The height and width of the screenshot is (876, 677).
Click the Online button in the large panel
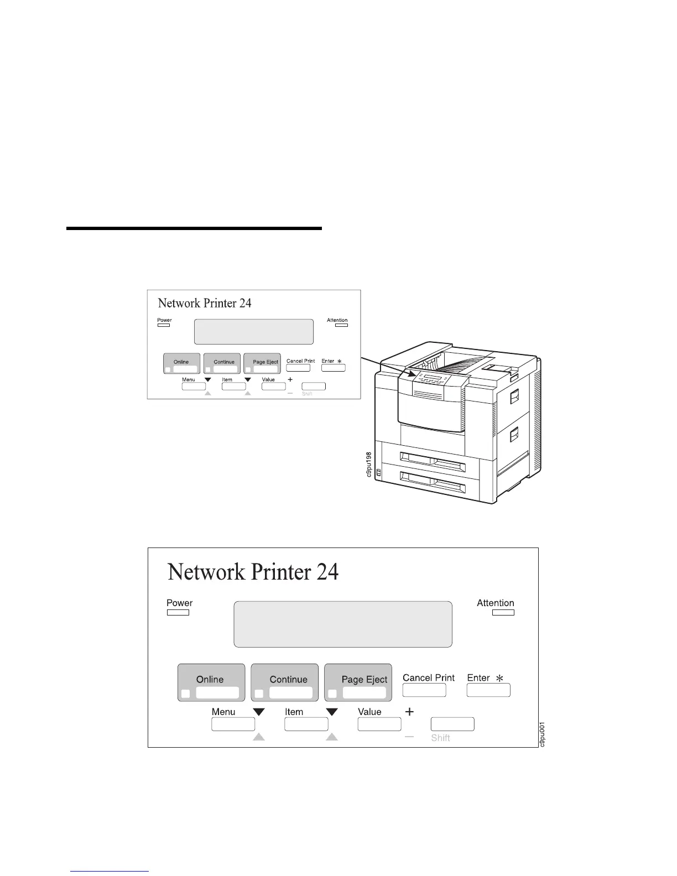(x=211, y=682)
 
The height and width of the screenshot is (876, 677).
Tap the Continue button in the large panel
(x=284, y=682)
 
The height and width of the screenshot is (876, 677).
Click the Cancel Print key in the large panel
(x=424, y=690)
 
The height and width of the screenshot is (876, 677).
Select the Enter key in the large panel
(x=488, y=690)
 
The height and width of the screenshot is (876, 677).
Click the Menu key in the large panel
(x=233, y=724)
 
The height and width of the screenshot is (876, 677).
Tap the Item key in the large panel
(x=306, y=724)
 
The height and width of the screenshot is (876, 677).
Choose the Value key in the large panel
(x=379, y=724)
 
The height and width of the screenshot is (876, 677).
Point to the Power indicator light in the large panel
(x=178, y=612)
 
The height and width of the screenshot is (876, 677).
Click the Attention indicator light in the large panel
(x=503, y=612)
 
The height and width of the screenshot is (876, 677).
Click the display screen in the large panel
(x=343, y=624)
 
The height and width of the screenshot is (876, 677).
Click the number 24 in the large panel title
(x=327, y=571)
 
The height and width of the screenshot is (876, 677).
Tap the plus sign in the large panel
(x=409, y=712)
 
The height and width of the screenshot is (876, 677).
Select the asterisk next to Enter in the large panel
(x=499, y=678)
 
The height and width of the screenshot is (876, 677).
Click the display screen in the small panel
(x=254, y=332)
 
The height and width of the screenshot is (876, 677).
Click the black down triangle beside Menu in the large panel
(x=259, y=712)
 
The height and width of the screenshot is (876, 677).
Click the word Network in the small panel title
(x=179, y=303)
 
